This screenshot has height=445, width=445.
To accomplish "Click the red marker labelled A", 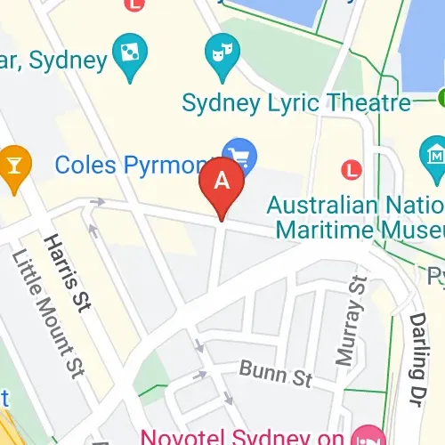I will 223,182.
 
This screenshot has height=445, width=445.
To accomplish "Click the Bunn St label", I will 275,376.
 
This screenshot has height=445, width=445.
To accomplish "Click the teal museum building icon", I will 434,153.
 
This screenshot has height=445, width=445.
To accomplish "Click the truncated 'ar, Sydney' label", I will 53,61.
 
